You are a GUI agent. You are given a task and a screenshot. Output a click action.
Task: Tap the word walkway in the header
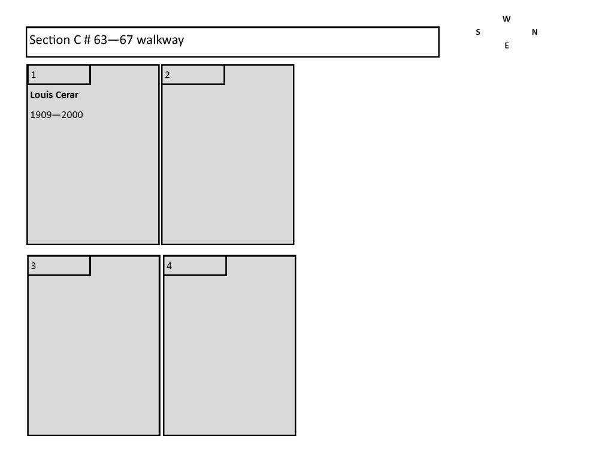pos(160,40)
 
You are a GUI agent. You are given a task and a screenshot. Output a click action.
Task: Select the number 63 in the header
pos(101,40)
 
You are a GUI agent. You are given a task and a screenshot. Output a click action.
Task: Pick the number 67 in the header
pos(126,40)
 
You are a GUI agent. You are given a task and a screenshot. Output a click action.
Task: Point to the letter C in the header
pos(77,40)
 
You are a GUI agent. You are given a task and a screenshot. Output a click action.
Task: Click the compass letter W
pos(507,19)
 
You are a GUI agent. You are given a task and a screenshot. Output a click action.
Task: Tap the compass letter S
pos(478,32)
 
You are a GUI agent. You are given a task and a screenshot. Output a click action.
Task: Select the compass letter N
pos(534,32)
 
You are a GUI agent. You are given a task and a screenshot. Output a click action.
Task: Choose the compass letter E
pos(507,46)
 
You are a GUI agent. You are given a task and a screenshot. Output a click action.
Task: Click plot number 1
pos(34,75)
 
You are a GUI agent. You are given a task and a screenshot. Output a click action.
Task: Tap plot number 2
pos(167,75)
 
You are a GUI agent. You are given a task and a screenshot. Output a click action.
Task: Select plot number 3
pos(34,266)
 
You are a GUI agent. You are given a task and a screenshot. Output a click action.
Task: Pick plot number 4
pos(170,266)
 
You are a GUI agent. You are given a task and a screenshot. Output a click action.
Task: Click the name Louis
pos(41,95)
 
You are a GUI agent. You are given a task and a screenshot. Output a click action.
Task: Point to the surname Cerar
pos(66,95)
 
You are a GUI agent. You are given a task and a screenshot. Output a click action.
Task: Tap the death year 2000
pos(72,114)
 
